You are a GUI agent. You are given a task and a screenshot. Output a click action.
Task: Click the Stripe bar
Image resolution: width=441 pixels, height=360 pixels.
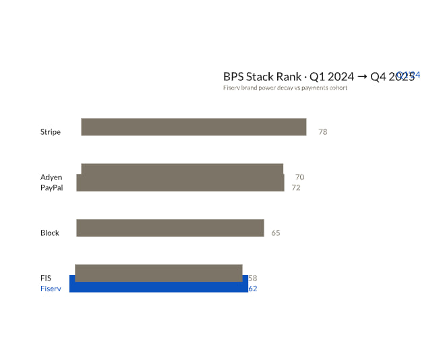click(x=194, y=127)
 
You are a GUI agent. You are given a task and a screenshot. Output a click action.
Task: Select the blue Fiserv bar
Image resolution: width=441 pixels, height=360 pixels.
click(x=158, y=287)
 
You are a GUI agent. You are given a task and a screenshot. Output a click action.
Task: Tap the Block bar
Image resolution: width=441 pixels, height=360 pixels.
click(x=170, y=228)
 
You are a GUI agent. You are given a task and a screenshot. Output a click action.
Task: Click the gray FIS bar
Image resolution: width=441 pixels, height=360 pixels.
click(x=158, y=272)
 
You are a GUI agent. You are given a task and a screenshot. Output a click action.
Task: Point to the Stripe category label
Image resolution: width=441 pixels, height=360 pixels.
click(x=51, y=132)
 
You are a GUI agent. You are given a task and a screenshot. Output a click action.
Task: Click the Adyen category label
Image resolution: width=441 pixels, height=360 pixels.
click(x=51, y=177)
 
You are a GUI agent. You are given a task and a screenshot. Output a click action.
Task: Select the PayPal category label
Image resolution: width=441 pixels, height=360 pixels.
click(x=52, y=187)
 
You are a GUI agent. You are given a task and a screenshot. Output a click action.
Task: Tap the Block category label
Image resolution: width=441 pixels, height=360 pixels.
click(x=50, y=233)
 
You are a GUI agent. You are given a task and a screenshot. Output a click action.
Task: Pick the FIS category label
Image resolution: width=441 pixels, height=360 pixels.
click(x=46, y=278)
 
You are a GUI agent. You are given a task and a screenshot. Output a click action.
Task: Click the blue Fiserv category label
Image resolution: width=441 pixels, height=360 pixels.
click(x=51, y=289)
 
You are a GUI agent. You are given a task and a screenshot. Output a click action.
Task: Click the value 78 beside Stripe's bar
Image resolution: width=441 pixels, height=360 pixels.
click(x=323, y=132)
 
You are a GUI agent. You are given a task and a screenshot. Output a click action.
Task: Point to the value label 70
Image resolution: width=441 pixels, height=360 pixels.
click(x=299, y=177)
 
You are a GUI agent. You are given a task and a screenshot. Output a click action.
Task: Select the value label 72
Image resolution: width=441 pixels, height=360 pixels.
click(x=296, y=187)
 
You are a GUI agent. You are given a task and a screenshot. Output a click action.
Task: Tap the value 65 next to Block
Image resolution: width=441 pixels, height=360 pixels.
click(x=276, y=233)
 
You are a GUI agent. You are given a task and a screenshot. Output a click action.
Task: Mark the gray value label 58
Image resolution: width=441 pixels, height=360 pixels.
click(x=253, y=278)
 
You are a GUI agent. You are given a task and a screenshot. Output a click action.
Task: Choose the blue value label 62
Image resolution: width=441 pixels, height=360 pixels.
click(x=253, y=289)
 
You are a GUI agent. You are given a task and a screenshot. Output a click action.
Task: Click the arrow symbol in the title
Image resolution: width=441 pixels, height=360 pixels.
click(x=362, y=77)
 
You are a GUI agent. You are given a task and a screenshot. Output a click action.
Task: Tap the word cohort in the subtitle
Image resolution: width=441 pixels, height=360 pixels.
click(x=337, y=88)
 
